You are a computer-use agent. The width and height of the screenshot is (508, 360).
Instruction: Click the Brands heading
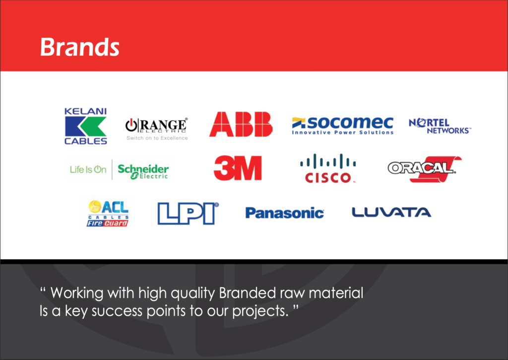80,47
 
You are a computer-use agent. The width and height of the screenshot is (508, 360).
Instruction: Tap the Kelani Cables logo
85,126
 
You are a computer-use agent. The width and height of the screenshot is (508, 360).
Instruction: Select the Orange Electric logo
157,129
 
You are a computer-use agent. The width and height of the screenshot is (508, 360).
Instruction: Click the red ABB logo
241,124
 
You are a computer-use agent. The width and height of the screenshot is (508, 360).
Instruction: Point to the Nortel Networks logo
440,126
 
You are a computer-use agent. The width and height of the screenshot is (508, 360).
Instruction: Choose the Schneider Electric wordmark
143,171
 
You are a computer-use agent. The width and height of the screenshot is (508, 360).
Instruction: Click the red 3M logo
238,168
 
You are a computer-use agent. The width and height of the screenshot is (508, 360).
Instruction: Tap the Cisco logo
328,168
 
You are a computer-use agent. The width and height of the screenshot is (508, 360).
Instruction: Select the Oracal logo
425,169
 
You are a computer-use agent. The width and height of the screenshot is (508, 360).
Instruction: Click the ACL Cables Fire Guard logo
108,213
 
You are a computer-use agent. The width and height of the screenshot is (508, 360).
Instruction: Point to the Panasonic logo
284,213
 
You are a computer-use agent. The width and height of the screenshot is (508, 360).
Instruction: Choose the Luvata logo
391,213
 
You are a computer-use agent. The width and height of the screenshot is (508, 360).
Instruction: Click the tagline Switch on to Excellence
157,138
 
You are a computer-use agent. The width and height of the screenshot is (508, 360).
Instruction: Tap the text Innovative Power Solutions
343,132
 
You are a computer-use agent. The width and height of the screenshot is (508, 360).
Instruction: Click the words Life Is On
88,170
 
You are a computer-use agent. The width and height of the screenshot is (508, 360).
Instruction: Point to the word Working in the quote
77,293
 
